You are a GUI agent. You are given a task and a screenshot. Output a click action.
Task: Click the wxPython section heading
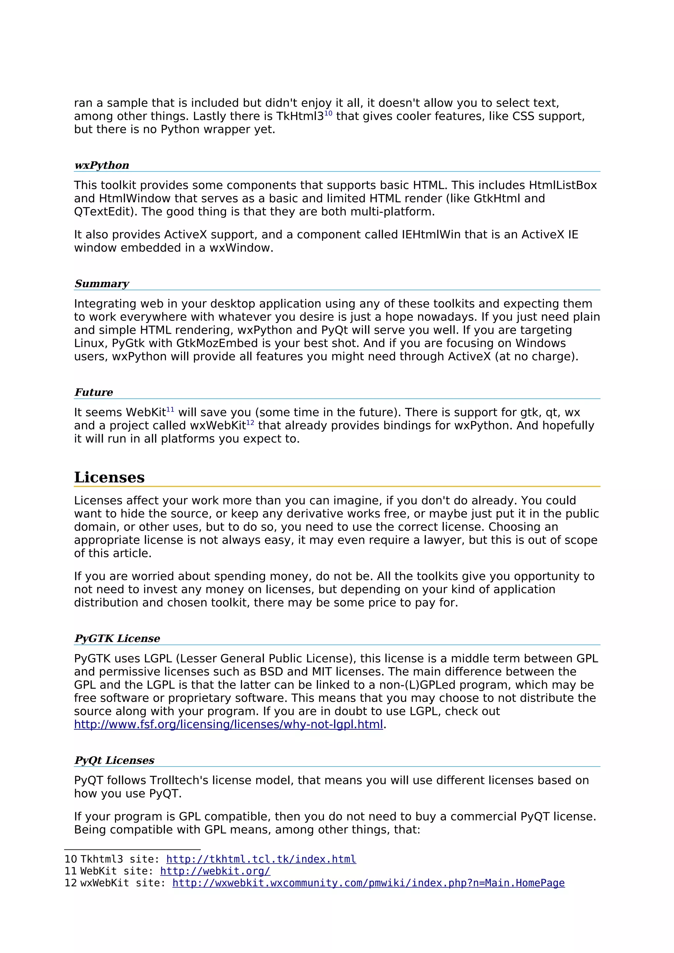coord(102,165)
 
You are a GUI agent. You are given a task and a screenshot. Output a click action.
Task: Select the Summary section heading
coord(102,284)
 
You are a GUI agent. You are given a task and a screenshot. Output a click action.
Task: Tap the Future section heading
coord(94,393)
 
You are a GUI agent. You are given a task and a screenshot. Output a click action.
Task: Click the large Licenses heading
coord(109,477)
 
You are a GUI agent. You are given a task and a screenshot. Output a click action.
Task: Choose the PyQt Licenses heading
coord(114,760)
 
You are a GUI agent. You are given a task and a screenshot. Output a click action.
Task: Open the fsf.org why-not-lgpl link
coord(228,725)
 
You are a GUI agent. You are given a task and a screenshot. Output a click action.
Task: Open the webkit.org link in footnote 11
coord(215,871)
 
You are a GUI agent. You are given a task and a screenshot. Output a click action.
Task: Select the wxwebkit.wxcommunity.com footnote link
coord(368,883)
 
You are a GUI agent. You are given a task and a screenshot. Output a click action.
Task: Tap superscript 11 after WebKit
coord(170,410)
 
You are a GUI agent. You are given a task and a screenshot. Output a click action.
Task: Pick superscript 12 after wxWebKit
coord(250,423)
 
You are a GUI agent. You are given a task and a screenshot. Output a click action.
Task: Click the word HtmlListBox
coord(563,185)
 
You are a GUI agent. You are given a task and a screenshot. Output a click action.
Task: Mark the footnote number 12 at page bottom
coord(71,883)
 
